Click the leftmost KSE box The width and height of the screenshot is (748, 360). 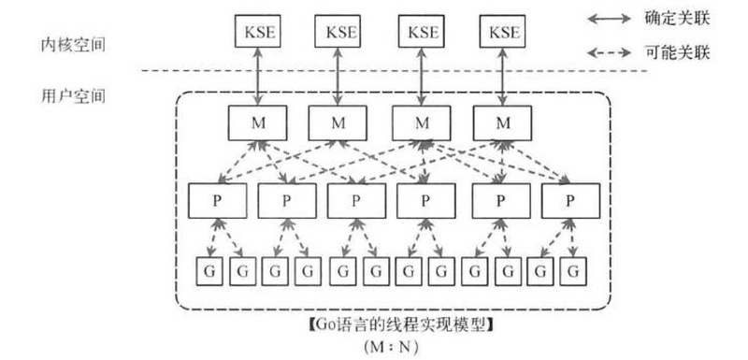(254, 33)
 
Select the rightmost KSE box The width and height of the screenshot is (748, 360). (505, 33)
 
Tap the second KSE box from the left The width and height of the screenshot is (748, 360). (338, 33)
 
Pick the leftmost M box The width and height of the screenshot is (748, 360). (254, 122)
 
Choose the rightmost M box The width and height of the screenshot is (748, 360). (505, 122)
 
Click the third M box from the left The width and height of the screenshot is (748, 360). (421, 122)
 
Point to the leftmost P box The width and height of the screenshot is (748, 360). (216, 199)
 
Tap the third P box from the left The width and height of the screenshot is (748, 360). (356, 199)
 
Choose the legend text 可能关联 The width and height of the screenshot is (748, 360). (680, 52)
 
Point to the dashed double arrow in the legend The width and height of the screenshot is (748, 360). (609, 52)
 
